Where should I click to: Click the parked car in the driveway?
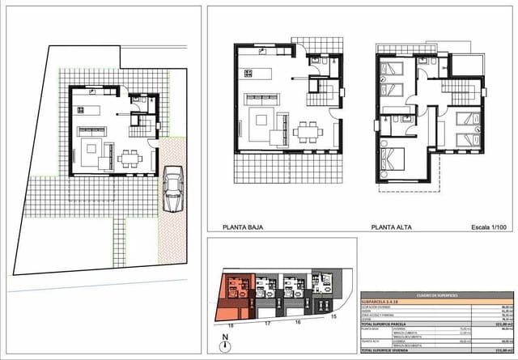point(172,190)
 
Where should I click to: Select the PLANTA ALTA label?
point(391,227)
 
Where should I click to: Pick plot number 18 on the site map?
point(230,322)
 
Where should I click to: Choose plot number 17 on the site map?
point(265,322)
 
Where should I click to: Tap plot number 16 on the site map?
point(297,322)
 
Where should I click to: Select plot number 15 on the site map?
point(333,318)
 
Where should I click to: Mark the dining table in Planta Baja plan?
point(308,130)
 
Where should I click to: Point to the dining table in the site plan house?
point(129,158)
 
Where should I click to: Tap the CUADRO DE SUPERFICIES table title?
point(425,295)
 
